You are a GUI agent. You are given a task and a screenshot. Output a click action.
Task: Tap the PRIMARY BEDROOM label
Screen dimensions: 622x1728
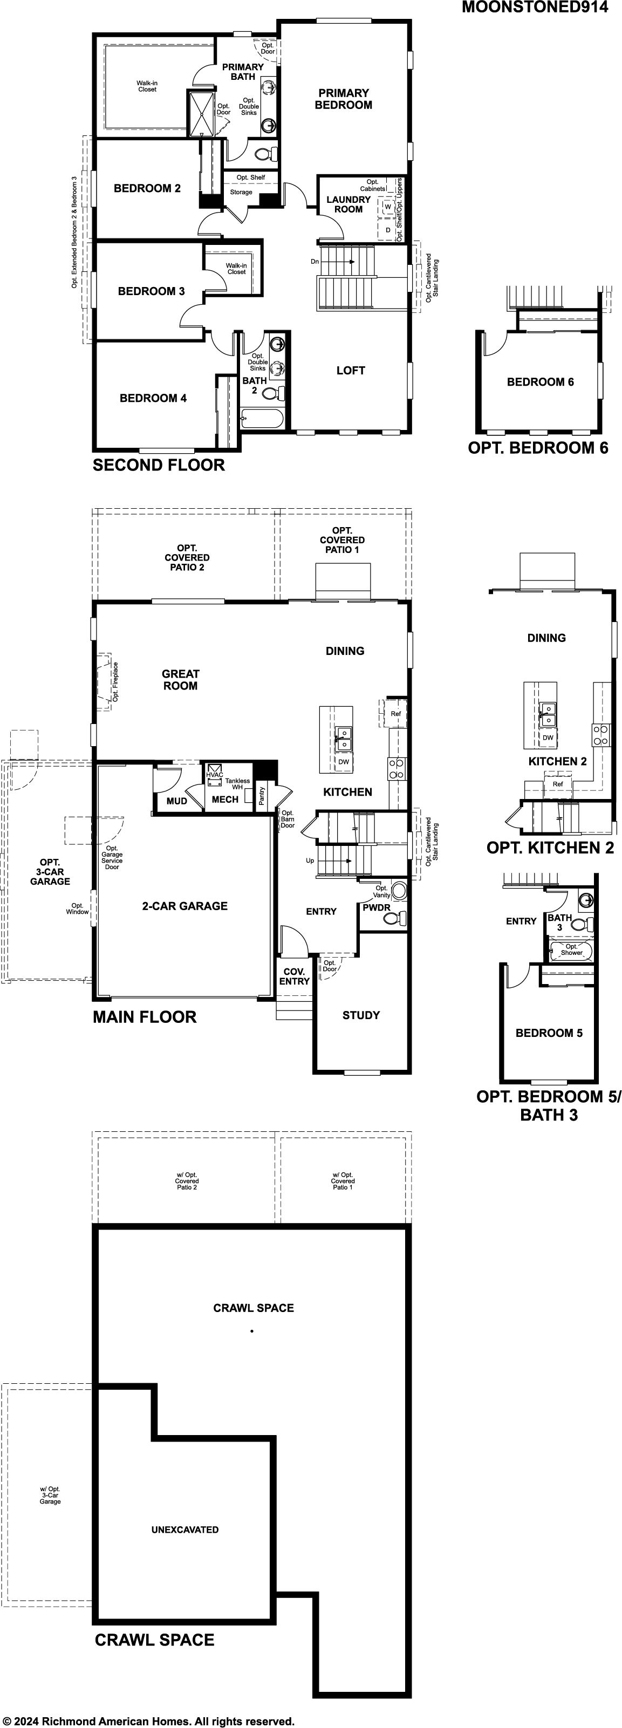(344, 99)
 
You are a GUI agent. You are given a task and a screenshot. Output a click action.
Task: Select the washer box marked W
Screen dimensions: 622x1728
(388, 207)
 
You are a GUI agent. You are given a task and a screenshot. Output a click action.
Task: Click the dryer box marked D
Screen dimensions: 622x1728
(388, 230)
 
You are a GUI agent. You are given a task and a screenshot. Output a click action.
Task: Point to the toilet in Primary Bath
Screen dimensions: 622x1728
(266, 155)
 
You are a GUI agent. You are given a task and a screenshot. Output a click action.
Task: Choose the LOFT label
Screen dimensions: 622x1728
(350, 370)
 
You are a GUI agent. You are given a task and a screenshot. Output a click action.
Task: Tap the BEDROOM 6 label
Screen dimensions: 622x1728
(540, 381)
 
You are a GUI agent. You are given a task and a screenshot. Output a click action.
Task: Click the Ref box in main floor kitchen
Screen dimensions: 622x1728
(395, 714)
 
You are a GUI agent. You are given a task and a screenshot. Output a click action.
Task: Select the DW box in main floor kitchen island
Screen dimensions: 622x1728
(344, 761)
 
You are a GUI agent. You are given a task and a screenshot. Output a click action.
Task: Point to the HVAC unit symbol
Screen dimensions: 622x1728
(215, 774)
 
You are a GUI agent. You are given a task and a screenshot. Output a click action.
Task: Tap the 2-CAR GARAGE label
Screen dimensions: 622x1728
(184, 906)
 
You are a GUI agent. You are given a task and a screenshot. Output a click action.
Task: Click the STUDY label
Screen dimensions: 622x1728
(361, 1015)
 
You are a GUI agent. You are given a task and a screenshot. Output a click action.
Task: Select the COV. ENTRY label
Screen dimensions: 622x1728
(295, 976)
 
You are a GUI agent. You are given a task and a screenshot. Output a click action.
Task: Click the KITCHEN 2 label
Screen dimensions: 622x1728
(558, 761)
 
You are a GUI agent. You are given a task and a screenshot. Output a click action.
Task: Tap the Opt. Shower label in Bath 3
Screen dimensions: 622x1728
(572, 949)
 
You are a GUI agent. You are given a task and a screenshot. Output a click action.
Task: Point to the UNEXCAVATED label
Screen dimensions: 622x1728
(184, 1529)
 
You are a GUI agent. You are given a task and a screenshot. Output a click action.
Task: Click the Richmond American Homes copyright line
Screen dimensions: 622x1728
(148, 1720)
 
